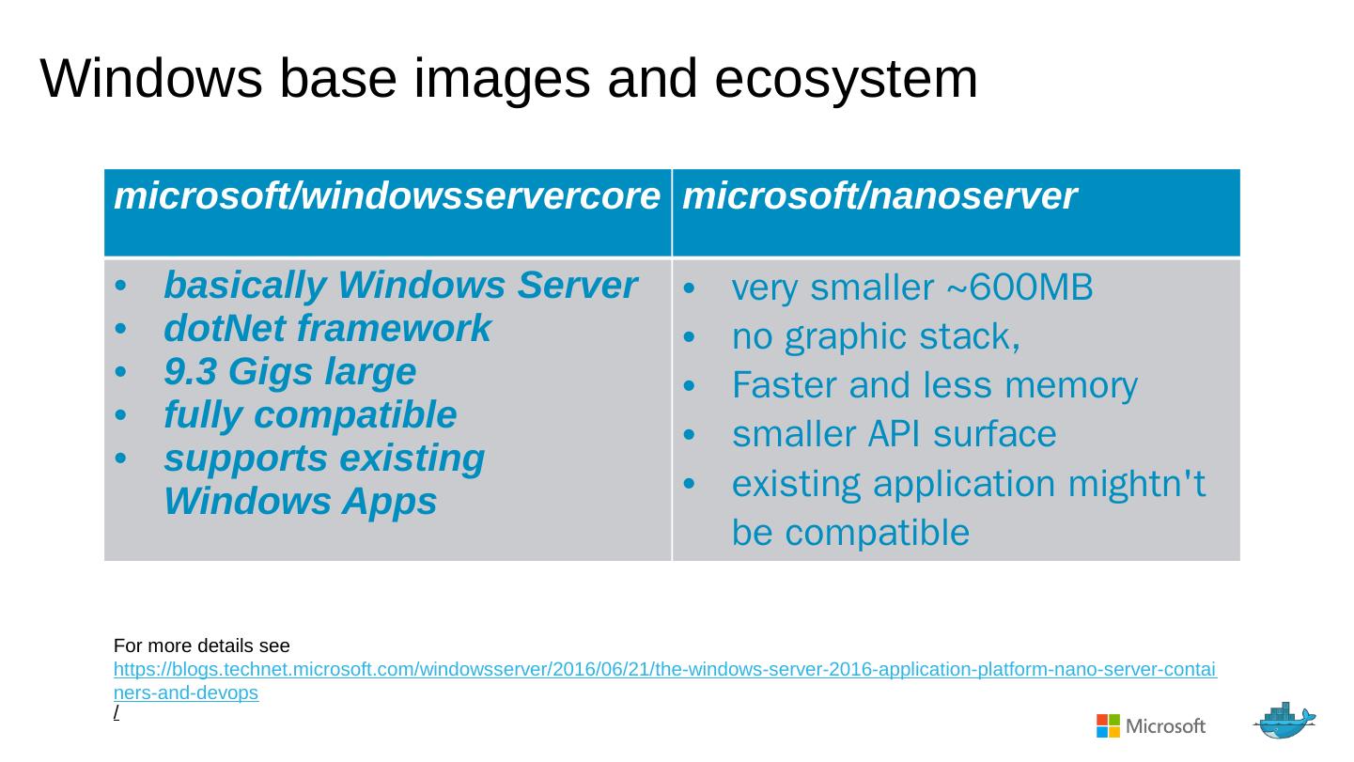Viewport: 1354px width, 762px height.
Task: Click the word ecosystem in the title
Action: (x=846, y=79)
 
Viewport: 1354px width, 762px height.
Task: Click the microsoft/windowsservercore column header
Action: (x=386, y=196)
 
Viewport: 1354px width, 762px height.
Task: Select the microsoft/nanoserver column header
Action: (x=879, y=196)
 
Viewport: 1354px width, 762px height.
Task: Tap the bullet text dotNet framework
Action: (x=327, y=329)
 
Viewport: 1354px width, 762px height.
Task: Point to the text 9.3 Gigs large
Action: (x=289, y=372)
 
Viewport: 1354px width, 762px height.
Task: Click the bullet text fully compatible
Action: (x=310, y=414)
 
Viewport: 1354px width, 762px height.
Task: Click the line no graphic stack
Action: (x=876, y=336)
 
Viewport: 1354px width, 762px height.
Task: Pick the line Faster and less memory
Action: (x=934, y=385)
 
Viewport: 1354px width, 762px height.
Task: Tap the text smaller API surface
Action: (x=894, y=434)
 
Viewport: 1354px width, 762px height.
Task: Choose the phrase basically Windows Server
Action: (x=400, y=286)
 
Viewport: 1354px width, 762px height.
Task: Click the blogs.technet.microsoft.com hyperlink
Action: (x=664, y=671)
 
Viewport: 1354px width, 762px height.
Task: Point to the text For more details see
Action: (x=201, y=646)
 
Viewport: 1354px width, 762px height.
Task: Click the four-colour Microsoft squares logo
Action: (x=1108, y=725)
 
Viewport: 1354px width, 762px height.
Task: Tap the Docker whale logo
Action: (x=1284, y=721)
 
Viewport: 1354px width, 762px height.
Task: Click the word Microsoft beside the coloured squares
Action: (x=1165, y=726)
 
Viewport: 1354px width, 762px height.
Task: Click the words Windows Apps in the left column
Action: (x=300, y=502)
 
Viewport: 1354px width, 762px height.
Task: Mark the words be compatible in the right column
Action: (x=850, y=533)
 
